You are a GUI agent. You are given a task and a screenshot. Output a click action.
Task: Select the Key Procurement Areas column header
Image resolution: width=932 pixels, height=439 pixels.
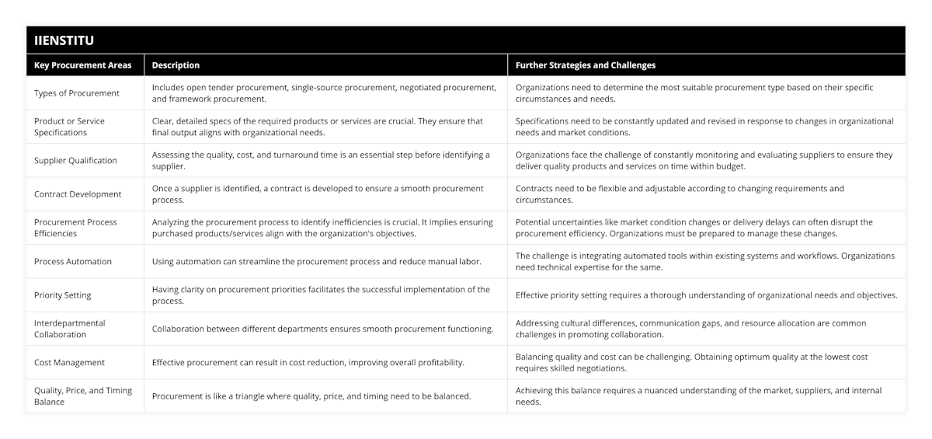[x=83, y=65]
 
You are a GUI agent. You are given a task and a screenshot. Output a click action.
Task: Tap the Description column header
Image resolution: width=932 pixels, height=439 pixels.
[x=176, y=65]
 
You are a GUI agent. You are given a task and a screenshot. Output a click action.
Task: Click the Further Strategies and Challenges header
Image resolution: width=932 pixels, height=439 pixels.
[x=586, y=65]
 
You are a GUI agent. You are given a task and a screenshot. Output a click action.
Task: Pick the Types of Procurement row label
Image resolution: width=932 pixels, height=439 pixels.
[x=77, y=93]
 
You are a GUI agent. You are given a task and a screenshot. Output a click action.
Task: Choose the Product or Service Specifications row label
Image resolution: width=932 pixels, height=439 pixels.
[x=70, y=127]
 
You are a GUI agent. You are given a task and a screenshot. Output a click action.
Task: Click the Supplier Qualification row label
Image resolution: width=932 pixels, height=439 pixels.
[x=75, y=161]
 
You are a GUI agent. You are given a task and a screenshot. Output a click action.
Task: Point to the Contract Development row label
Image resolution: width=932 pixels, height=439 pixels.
[x=78, y=194]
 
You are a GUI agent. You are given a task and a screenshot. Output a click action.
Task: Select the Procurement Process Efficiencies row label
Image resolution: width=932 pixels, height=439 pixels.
[x=75, y=228]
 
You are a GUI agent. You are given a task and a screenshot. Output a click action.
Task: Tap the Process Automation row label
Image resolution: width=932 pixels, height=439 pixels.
[x=73, y=262]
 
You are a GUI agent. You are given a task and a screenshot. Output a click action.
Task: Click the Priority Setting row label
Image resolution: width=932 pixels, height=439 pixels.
[x=63, y=295]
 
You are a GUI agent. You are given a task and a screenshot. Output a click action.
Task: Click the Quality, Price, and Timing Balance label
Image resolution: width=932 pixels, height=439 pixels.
[x=83, y=396]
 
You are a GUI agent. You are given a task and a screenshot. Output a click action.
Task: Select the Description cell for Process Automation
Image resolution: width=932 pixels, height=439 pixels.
[x=316, y=262]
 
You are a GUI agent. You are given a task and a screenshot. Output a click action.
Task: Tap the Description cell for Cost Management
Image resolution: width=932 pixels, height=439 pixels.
[x=308, y=363]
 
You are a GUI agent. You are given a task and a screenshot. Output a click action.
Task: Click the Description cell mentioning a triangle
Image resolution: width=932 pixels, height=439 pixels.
[x=311, y=396]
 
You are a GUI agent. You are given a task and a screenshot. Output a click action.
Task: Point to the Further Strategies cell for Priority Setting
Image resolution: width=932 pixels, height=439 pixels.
[x=706, y=295]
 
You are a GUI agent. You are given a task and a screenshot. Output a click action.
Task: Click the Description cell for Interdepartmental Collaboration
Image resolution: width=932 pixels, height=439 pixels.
[x=322, y=329]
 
